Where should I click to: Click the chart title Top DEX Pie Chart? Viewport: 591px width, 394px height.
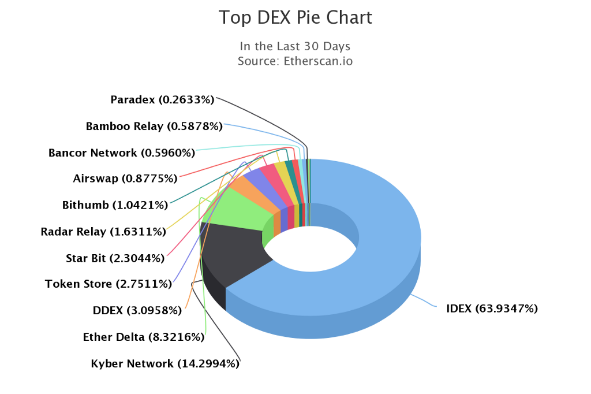tap(295, 17)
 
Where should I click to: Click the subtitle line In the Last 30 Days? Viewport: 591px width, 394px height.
tap(295, 46)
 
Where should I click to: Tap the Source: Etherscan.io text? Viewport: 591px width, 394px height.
tap(295, 61)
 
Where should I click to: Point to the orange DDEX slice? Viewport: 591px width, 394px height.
tap(248, 186)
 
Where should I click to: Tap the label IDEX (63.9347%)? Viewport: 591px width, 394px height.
tap(492, 308)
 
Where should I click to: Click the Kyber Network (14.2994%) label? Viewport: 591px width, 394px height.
tap(165, 364)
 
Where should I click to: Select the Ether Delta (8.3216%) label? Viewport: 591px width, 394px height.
tap(143, 337)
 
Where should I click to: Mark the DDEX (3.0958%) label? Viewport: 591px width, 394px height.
tap(137, 310)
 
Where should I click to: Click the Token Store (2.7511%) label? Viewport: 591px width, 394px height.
tap(109, 284)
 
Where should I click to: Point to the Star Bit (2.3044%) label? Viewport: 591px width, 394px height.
tap(115, 258)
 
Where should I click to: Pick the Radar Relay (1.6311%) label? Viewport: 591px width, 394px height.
tap(103, 232)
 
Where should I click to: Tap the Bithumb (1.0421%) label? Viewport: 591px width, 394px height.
tap(115, 205)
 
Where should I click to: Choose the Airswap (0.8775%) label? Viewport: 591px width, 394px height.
tap(125, 179)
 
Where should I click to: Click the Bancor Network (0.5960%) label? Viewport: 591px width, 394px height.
tap(122, 153)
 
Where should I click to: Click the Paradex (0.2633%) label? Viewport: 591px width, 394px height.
tap(162, 100)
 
